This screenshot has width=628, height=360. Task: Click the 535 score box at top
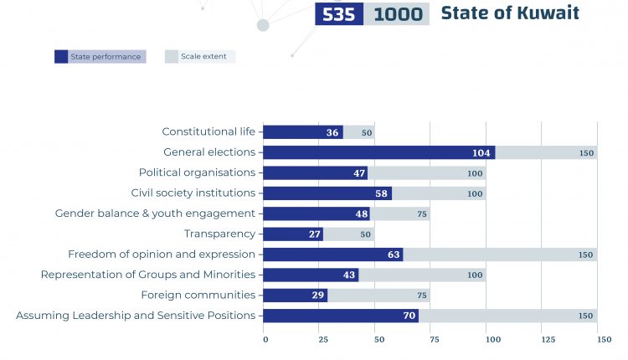339,14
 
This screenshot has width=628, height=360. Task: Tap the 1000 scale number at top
398,14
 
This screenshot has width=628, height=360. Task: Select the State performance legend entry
100,57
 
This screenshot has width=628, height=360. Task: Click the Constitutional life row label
208,132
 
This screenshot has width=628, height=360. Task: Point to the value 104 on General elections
481,153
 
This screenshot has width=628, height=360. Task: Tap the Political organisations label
197,173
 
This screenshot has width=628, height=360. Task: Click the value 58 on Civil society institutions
382,193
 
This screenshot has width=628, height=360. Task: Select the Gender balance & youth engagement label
155,213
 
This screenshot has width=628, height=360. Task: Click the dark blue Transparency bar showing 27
292,234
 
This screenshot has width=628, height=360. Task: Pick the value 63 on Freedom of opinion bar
393,255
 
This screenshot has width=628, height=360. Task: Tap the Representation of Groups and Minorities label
148,275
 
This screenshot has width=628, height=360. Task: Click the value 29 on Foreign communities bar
317,296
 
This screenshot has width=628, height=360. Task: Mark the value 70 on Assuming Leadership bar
408,316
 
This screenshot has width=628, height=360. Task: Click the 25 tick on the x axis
323,340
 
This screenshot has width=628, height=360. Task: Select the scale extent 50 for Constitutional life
367,133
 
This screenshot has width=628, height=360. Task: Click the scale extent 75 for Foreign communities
423,296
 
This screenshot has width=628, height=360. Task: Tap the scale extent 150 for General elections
585,153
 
